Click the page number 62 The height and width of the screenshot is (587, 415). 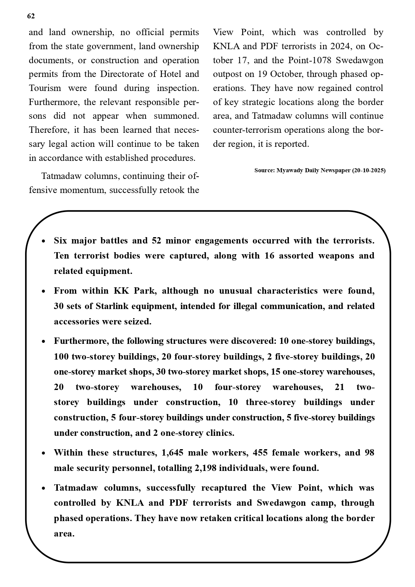[31, 16]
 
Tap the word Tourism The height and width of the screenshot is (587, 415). [45, 88]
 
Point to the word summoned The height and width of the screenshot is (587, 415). [176, 116]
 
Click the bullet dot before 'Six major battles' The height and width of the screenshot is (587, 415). [43, 241]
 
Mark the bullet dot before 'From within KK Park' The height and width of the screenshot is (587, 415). [43, 291]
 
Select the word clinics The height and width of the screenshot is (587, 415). [220, 433]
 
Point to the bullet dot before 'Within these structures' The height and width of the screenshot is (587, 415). [43, 453]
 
